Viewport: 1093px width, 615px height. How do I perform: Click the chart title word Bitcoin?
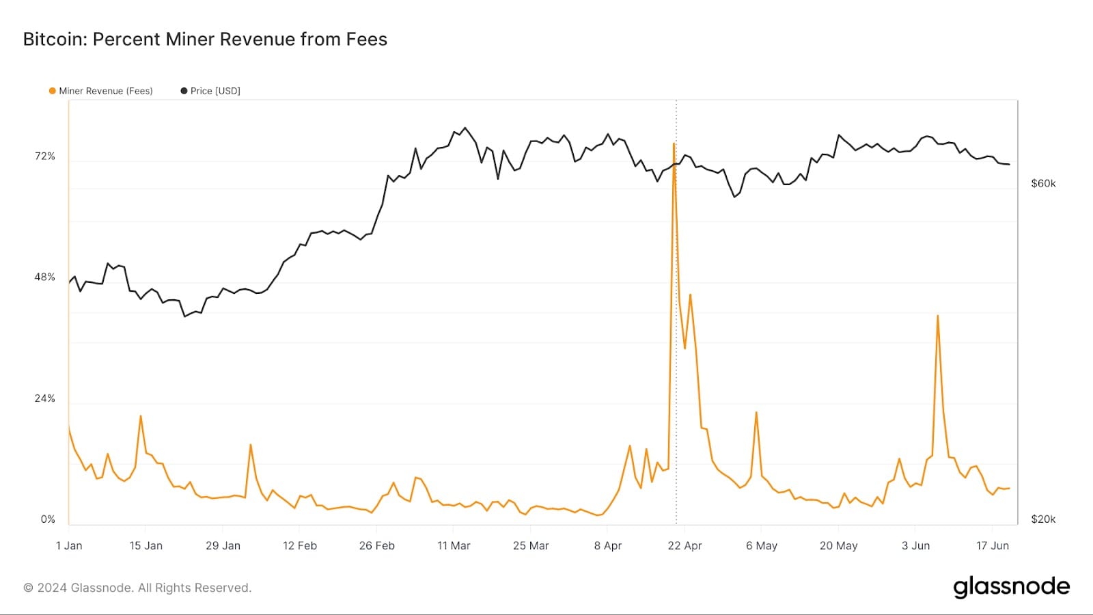point(55,40)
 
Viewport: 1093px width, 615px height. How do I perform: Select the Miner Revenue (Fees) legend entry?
point(105,91)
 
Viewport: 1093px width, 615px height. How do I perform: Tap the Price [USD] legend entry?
point(215,91)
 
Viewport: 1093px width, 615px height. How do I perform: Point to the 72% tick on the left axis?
point(45,156)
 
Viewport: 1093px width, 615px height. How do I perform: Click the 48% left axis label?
point(45,277)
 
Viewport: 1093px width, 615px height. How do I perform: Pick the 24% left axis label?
point(45,398)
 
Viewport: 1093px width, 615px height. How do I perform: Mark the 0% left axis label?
point(48,519)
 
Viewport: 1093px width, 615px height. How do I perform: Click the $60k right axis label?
point(1043,183)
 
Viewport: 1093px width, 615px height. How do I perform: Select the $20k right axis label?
point(1043,519)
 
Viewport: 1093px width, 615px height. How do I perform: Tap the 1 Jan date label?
point(69,545)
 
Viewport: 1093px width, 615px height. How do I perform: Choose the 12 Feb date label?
point(300,545)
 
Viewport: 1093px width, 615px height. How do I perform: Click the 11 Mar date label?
point(454,545)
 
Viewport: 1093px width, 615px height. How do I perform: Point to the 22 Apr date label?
point(684,545)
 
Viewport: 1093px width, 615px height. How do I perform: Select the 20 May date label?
point(838,545)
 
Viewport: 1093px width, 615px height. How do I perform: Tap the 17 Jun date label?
point(992,545)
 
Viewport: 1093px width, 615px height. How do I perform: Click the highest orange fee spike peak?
point(674,144)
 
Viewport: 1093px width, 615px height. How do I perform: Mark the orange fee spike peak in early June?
point(938,316)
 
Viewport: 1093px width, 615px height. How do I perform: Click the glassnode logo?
point(1011,587)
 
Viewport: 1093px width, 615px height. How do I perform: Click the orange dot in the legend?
point(53,91)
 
